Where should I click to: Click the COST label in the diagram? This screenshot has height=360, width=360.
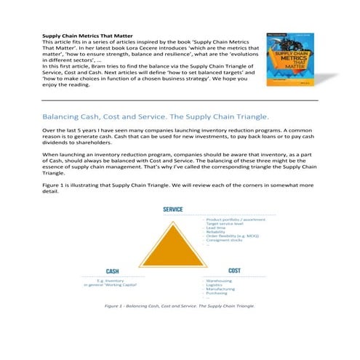tap(233, 270)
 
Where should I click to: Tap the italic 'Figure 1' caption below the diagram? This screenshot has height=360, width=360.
tap(180, 307)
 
